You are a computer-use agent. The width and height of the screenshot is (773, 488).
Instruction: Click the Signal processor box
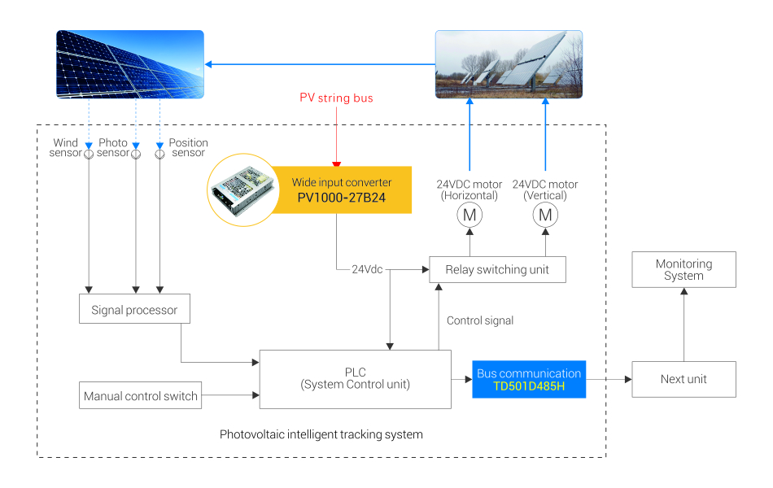134,309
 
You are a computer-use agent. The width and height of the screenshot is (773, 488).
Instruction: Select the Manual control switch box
140,396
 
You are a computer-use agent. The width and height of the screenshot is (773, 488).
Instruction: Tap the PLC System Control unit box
355,379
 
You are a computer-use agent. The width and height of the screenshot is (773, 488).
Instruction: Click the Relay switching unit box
497,269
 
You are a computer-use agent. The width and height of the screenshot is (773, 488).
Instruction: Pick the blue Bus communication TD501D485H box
529,379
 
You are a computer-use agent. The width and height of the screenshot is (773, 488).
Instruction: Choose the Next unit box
683,379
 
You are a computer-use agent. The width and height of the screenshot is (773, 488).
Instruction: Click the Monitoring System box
683,269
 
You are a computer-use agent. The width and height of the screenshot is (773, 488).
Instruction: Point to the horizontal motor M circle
469,216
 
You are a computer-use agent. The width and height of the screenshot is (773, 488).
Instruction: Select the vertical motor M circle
545,216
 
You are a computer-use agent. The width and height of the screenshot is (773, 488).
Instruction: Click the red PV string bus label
336,98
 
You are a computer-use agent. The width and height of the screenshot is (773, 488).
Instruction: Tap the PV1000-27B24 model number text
341,197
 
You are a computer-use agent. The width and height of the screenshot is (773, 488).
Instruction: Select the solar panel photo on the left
130,65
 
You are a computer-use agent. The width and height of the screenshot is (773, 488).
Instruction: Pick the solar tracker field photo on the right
509,64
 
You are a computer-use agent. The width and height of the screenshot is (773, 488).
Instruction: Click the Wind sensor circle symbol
90,153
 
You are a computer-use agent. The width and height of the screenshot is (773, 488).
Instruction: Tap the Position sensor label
188,147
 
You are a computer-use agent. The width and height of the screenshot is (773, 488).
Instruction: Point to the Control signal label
480,320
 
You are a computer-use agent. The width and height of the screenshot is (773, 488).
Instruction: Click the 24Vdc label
367,269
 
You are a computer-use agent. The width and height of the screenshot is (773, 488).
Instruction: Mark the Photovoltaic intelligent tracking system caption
321,434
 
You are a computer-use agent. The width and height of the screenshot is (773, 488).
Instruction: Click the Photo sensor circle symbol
136,153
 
